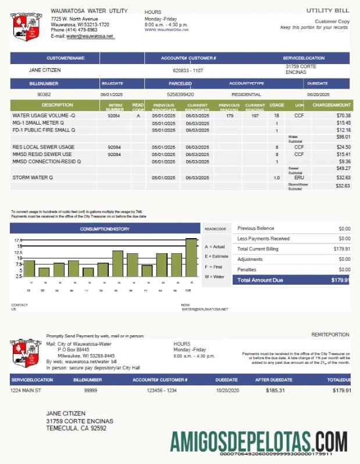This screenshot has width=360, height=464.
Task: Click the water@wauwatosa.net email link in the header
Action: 90,36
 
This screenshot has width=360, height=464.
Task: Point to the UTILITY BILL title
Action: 328,10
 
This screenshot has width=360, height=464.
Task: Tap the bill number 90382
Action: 44,94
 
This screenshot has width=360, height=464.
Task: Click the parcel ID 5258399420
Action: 180,94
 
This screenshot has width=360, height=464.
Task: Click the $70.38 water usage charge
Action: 343,116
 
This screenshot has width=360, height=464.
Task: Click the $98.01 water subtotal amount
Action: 343,137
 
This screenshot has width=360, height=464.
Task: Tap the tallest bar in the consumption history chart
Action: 191,258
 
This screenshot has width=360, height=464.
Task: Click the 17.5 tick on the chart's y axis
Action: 19,240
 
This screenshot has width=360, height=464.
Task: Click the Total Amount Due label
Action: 260,280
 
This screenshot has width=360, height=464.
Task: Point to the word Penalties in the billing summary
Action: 247,270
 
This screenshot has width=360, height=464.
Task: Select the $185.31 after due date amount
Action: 275,390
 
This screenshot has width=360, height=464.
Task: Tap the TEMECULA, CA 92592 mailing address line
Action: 76,428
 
